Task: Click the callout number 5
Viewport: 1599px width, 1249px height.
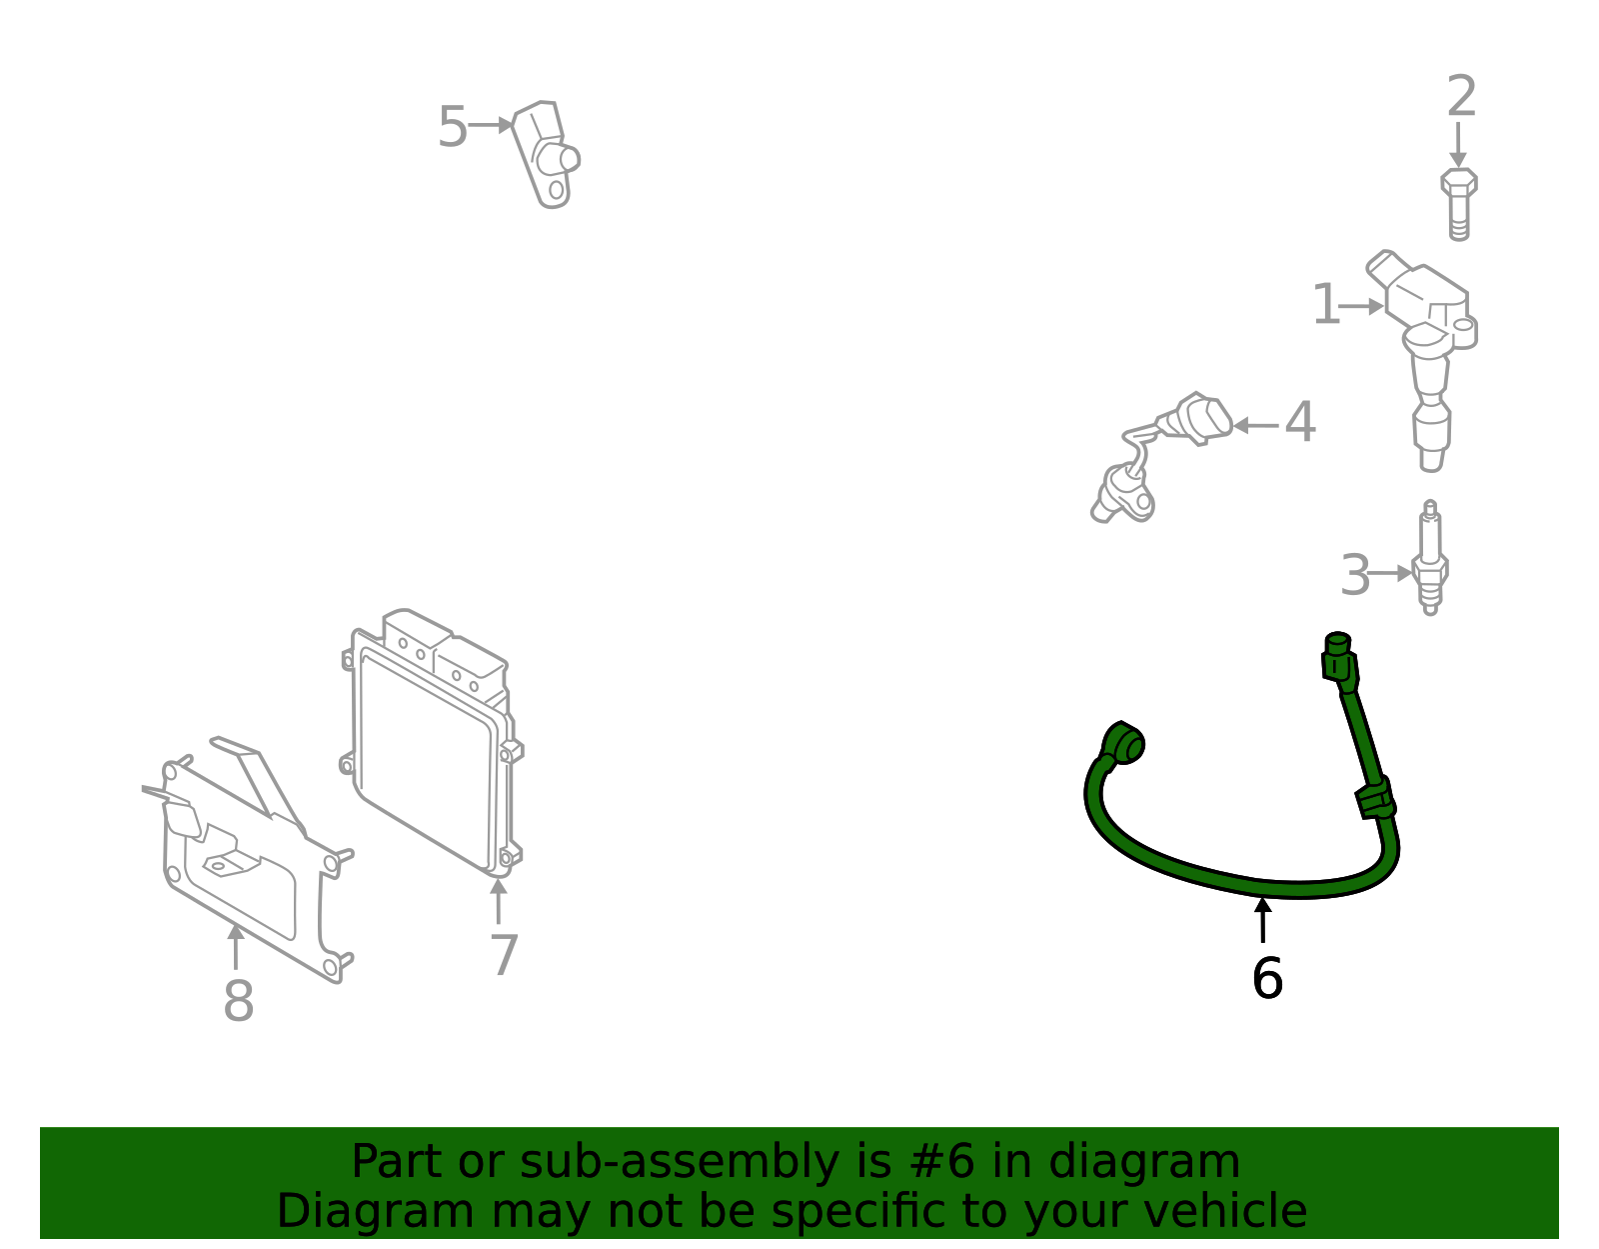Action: pyautogui.click(x=452, y=128)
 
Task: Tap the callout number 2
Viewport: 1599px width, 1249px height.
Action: pyautogui.click(x=1461, y=97)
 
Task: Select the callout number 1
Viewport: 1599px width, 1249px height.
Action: pyautogui.click(x=1325, y=305)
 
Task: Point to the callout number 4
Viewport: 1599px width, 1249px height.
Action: pyautogui.click(x=1299, y=423)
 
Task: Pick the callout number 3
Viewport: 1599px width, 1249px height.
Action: pyautogui.click(x=1354, y=576)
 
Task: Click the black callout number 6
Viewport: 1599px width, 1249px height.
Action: pyautogui.click(x=1266, y=978)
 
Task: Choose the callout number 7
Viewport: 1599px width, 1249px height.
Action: pyautogui.click(x=504, y=955)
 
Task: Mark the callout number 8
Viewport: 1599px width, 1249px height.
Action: pyautogui.click(x=238, y=1001)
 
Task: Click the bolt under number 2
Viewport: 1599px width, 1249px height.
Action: pyautogui.click(x=1459, y=204)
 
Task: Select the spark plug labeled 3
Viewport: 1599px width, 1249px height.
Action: pyautogui.click(x=1430, y=560)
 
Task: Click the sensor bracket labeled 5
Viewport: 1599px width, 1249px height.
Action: pyautogui.click(x=546, y=155)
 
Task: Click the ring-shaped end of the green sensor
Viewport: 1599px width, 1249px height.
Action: pyautogui.click(x=1125, y=744)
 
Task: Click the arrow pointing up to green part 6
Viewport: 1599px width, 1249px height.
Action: pyautogui.click(x=1263, y=919)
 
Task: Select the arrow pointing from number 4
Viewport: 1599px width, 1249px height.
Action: pyautogui.click(x=1255, y=425)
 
